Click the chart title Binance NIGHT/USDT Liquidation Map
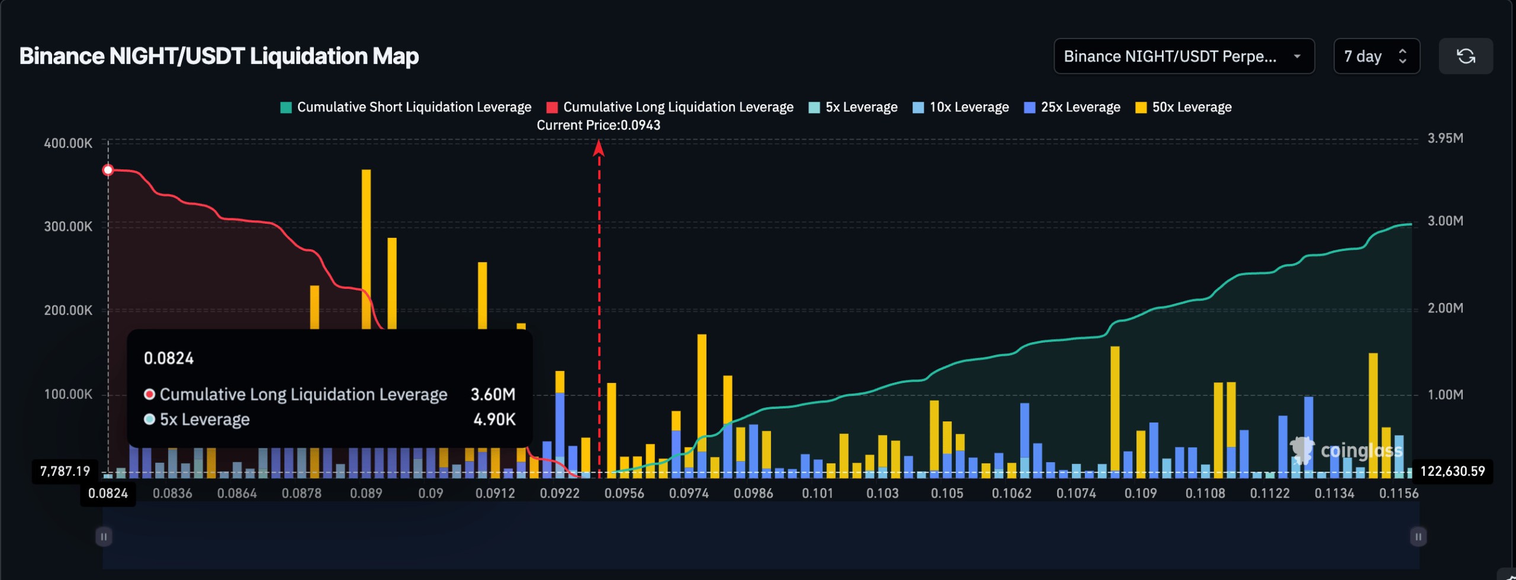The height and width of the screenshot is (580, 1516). [x=219, y=56]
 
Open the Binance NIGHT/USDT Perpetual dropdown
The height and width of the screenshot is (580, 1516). [x=1183, y=56]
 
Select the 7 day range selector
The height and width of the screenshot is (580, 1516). [x=1375, y=56]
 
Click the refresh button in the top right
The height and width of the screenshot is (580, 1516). [x=1465, y=56]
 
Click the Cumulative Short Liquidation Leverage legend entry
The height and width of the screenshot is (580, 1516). [x=406, y=107]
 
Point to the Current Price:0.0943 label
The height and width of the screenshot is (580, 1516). [x=598, y=125]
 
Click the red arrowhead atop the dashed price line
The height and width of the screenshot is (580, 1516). [x=599, y=147]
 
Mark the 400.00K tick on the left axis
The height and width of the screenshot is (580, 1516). [x=68, y=143]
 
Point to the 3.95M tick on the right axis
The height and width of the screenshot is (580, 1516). [x=1445, y=138]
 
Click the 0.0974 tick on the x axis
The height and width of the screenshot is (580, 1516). [x=689, y=493]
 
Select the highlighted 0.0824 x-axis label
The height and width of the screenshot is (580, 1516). [x=108, y=493]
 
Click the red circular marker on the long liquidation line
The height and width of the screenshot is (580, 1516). [x=108, y=170]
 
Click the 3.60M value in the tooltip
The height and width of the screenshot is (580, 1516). [x=493, y=394]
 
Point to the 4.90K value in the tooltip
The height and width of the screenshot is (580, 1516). [x=494, y=419]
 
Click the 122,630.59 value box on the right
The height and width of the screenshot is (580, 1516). [x=1452, y=471]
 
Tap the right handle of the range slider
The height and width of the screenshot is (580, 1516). [x=1418, y=536]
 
